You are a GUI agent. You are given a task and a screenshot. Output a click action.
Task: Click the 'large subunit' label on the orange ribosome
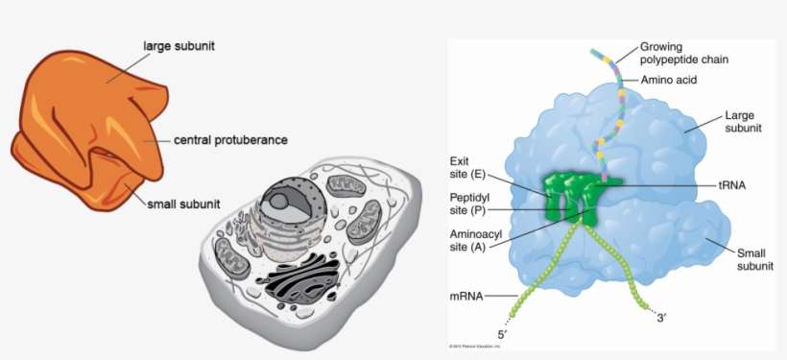click(177, 45)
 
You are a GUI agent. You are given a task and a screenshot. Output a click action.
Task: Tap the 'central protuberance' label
click(230, 140)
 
